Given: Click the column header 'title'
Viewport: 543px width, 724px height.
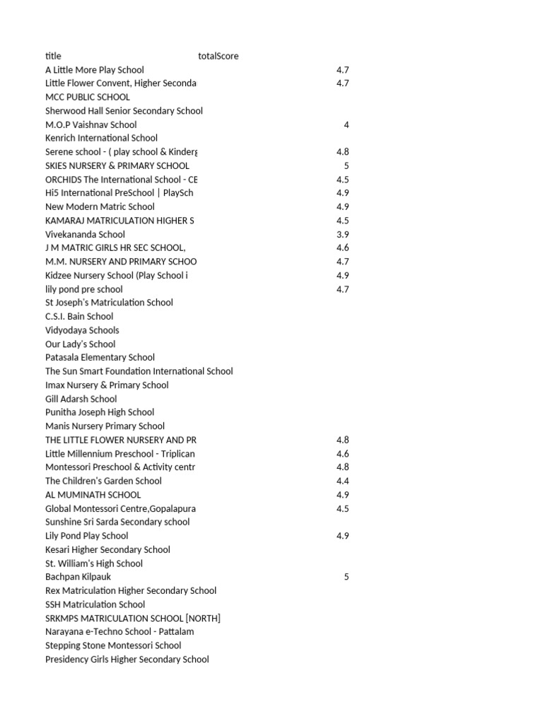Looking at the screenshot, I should pos(53,56).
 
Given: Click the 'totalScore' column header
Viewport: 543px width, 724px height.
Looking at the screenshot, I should pos(218,56).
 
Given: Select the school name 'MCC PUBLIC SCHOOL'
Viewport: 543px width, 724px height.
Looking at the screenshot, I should pos(88,97).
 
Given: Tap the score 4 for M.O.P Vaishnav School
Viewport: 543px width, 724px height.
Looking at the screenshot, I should pos(346,124).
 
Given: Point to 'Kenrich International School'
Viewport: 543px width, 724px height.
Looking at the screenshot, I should pos(101,138).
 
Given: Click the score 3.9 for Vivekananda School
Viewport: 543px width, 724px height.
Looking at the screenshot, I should pos(343,234).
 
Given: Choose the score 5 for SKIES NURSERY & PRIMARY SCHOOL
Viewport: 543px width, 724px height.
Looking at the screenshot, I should pos(346,165).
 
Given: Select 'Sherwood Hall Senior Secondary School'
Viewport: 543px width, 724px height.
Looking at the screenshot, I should pos(124,111).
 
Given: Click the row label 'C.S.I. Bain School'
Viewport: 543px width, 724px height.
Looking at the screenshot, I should pos(79,316).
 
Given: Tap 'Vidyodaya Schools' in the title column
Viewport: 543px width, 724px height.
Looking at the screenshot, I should pos(82,330).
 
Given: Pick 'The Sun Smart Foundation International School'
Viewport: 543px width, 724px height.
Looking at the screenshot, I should pos(139,371).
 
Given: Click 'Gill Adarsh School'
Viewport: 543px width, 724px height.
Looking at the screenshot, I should pos(81,399).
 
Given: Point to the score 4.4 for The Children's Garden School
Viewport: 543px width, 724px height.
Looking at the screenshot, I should pos(343,481).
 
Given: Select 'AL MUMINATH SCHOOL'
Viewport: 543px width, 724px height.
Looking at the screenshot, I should pos(93,495).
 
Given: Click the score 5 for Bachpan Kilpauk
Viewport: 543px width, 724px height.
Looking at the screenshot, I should pos(346,577).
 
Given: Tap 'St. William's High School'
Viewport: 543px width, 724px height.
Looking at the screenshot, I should pos(94,564).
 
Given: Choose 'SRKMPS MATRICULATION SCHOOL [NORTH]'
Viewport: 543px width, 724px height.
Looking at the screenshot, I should pos(133,618).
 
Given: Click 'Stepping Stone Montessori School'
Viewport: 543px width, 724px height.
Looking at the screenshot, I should pos(113,646).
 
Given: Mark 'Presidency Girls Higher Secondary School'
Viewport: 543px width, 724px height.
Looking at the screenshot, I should pos(127,660).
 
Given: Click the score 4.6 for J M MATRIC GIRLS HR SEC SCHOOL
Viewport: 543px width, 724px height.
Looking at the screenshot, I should pos(343,247).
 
